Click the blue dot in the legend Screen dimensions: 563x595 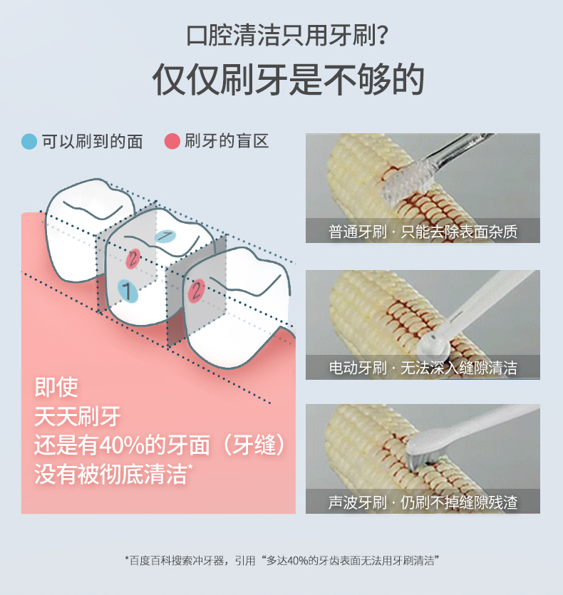pyautogui.click(x=29, y=142)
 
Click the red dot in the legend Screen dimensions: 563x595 pyautogui.click(x=172, y=141)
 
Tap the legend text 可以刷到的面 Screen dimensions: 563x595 pyautogui.click(x=92, y=142)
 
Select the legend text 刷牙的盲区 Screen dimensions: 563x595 pyautogui.click(x=227, y=141)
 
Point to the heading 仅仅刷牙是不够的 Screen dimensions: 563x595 pyautogui.click(x=288, y=80)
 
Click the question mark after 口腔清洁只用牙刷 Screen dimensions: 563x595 pyautogui.click(x=383, y=36)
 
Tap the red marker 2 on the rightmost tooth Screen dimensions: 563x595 pyautogui.click(x=196, y=291)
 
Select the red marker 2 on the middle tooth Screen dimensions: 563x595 pyautogui.click(x=133, y=259)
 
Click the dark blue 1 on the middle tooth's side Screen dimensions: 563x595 pyautogui.click(x=128, y=291)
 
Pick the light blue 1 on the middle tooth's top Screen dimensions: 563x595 pyautogui.click(x=165, y=237)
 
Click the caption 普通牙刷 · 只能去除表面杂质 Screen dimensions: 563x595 pyautogui.click(x=423, y=232)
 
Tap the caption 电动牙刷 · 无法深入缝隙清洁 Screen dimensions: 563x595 pyautogui.click(x=423, y=368)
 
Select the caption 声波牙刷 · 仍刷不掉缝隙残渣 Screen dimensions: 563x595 pyautogui.click(x=423, y=502)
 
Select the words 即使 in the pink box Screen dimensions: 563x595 pyautogui.click(x=56, y=387)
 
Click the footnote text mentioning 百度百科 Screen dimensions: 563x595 pyautogui.click(x=281, y=561)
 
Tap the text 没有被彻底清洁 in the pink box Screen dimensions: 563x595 pyautogui.click(x=111, y=475)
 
